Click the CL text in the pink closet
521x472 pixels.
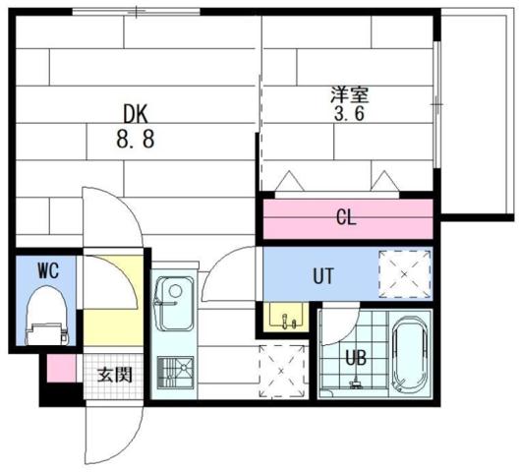pyautogui.click(x=345, y=216)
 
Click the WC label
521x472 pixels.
pyautogui.click(x=48, y=269)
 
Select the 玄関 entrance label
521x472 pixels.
pyautogui.click(x=114, y=374)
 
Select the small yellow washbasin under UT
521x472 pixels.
pyautogui.click(x=287, y=318)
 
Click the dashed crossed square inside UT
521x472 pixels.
pyautogui.click(x=405, y=274)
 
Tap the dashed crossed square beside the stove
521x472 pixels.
pyautogui.click(x=280, y=372)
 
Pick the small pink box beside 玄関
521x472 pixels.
pyautogui.click(x=61, y=367)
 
